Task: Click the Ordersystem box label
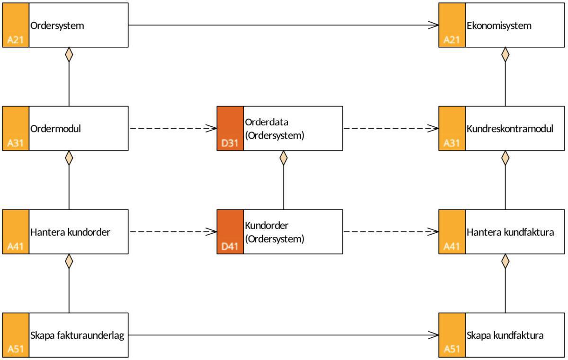click(x=57, y=26)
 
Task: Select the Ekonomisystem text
click(x=498, y=26)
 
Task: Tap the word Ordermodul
click(x=55, y=128)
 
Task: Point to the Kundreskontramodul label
click(x=510, y=128)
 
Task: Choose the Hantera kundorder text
click(x=70, y=232)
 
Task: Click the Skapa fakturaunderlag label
click(x=77, y=335)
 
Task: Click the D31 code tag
click(x=230, y=143)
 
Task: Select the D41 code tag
click(x=230, y=246)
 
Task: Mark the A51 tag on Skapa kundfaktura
click(x=452, y=350)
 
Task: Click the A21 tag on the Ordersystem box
click(x=16, y=40)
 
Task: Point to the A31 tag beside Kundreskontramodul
click(x=452, y=143)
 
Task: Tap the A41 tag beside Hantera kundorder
click(x=16, y=246)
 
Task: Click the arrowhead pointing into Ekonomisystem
click(x=433, y=25)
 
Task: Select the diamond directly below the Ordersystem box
click(x=69, y=54)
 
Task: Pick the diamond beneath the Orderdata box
click(x=284, y=158)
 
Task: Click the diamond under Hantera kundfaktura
click(x=505, y=261)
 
